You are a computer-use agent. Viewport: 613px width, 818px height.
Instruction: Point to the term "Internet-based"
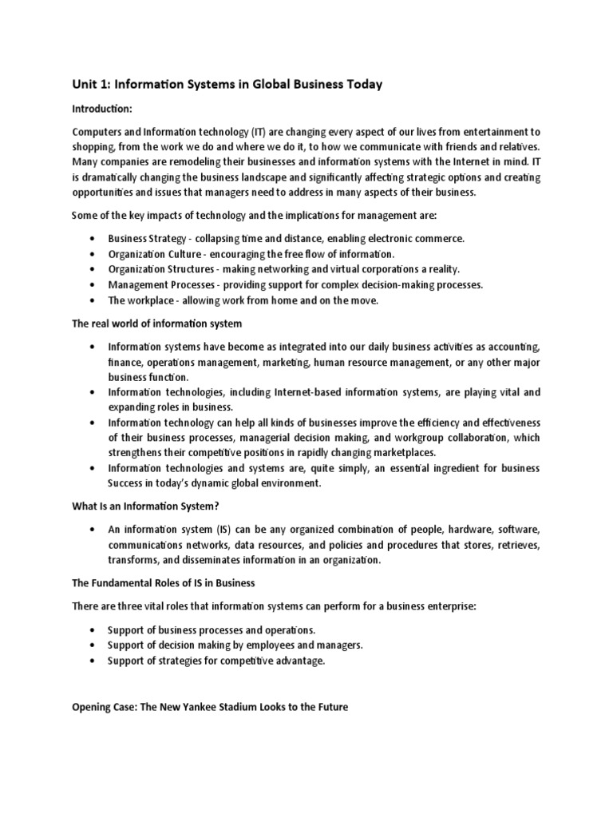[x=263, y=392]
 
